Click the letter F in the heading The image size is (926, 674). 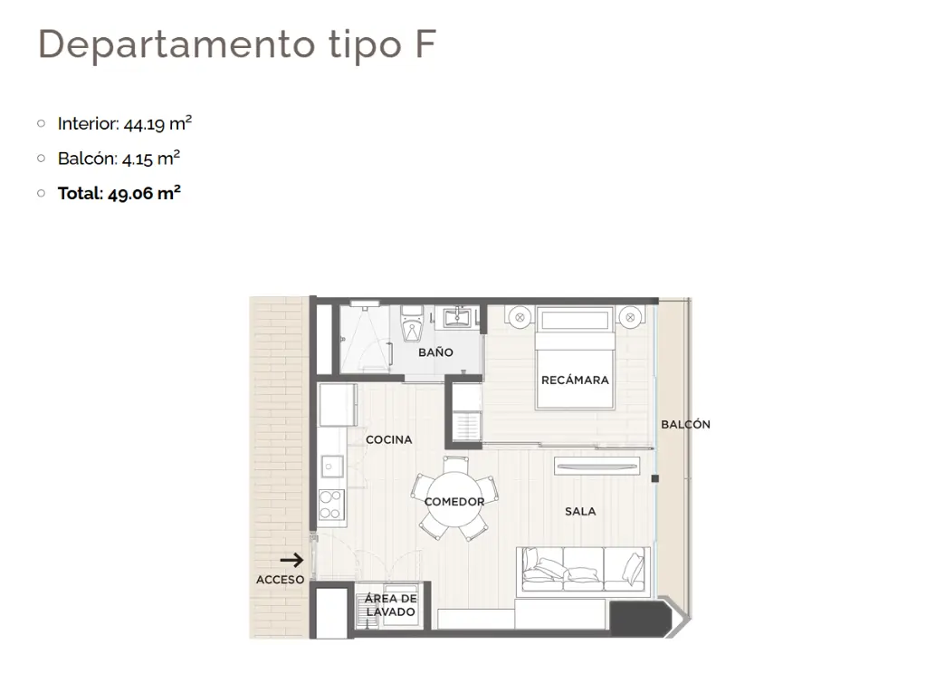pos(425,43)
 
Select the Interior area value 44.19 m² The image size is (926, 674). pos(158,123)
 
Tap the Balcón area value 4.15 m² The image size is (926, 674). pos(151,159)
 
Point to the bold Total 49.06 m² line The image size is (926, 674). pos(119,193)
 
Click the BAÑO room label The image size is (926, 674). pos(435,352)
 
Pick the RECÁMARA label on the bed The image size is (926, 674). pos(575,380)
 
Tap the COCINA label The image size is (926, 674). pos(388,440)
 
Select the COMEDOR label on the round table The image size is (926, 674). pos(454,502)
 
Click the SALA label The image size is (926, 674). pos(580,512)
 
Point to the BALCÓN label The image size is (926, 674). pos(685,425)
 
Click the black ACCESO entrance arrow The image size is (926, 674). pos(291,560)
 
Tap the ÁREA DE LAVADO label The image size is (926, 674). pos(390,605)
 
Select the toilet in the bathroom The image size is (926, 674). pos(412,324)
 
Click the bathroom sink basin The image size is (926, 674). pos(457,318)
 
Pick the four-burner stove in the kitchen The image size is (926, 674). pos(331,505)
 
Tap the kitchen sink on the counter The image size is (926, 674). pos(332,467)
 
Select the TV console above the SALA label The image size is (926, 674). pos(597,466)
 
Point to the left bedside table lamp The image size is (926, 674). pos(520,317)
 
